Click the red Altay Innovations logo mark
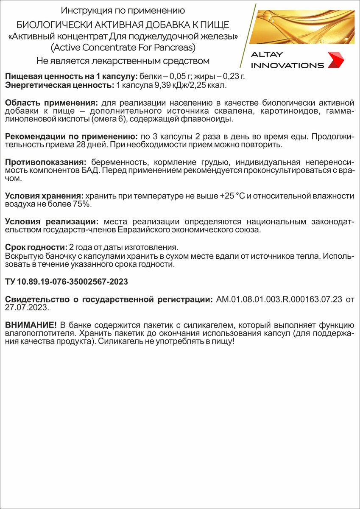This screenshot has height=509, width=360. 336,60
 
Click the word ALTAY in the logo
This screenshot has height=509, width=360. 267,54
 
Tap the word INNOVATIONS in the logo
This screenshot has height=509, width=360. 287,65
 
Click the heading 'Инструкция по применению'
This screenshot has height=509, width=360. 123,10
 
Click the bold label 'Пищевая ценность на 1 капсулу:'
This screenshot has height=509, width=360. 71,76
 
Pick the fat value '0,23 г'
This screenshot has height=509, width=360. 235,76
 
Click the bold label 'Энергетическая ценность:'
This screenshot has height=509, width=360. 59,85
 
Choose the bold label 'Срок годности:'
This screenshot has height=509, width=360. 36,247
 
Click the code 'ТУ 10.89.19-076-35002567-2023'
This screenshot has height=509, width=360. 67,282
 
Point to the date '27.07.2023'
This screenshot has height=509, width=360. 26,308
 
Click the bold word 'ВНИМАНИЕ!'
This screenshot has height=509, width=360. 31,324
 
